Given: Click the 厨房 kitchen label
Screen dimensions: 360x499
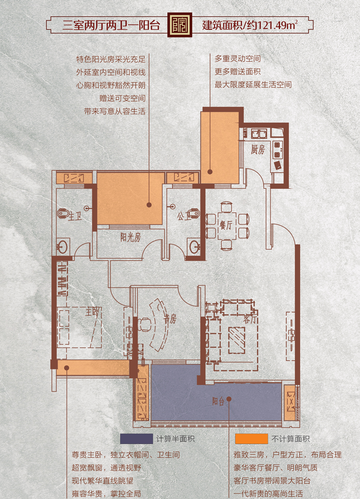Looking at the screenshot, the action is tap(257, 149).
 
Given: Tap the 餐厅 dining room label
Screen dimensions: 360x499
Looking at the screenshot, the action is tap(226, 225).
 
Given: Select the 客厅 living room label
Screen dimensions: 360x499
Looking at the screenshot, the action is tap(250, 318).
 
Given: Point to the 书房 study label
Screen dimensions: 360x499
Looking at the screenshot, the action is tap(170, 318).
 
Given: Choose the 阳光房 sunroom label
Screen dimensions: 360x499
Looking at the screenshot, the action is tap(130, 237).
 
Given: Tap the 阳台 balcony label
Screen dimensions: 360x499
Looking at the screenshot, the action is tap(218, 401).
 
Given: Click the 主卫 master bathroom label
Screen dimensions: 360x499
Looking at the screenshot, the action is tap(75, 217).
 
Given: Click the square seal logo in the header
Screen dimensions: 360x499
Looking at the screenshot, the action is tap(180, 25).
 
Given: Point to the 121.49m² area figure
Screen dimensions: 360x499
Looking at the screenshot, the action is tap(277, 25).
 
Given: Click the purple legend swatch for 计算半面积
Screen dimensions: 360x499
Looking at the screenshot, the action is tap(136, 439).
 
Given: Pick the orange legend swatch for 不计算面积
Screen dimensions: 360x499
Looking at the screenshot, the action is tap(251, 439).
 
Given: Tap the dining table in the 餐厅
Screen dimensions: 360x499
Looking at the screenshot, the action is tap(226, 225).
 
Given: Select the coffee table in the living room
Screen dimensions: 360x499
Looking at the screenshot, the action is tap(237, 340).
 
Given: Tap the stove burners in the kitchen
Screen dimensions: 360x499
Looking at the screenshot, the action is tap(277, 150).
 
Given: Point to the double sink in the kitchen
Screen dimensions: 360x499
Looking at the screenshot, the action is tap(259, 133).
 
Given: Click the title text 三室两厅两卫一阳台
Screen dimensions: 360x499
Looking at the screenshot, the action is tap(111, 25).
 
